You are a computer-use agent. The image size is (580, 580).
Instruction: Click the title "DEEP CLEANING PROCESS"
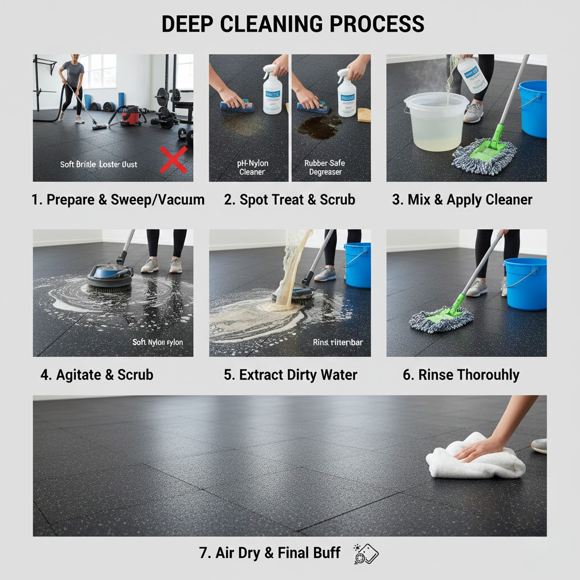(x=293, y=24)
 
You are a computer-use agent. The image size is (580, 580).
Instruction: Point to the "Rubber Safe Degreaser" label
(x=325, y=168)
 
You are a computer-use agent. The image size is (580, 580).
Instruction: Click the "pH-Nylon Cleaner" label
(x=252, y=168)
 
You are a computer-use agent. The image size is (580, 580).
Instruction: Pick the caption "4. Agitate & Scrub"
(x=97, y=374)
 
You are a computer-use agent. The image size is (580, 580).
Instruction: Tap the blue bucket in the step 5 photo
(x=357, y=265)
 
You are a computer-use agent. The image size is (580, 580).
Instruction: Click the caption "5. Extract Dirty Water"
(x=291, y=374)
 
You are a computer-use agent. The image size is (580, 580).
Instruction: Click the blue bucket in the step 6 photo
(x=525, y=283)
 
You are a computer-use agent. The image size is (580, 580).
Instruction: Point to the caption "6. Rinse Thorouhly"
(x=461, y=374)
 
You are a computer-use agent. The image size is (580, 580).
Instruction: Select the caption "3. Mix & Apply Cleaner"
(x=462, y=199)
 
